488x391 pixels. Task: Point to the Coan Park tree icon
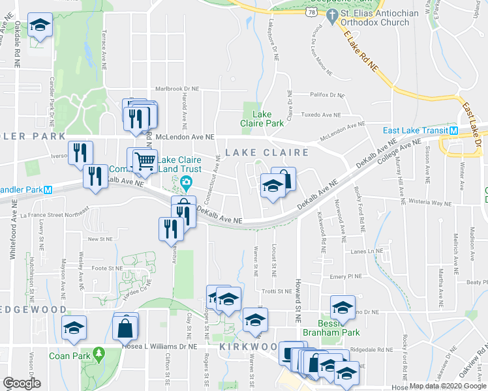(99, 354)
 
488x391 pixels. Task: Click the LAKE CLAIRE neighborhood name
(266, 152)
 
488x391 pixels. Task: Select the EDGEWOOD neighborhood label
(33, 310)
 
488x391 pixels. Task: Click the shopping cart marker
(145, 160)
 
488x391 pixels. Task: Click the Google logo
(22, 383)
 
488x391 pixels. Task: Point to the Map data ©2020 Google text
(448, 386)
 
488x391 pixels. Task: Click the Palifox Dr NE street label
(327, 95)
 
